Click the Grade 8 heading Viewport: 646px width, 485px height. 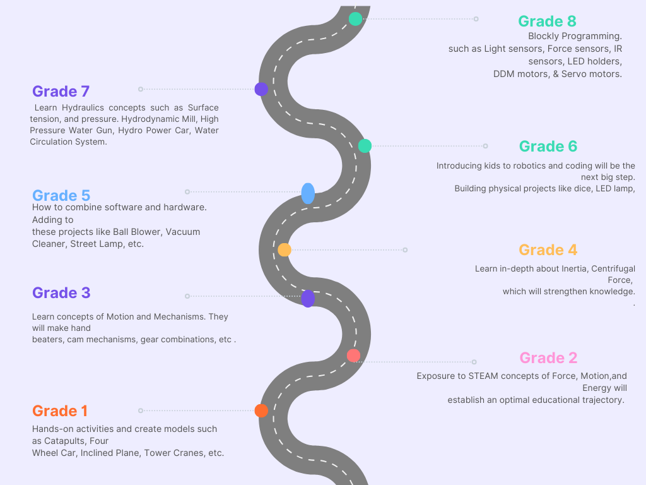547,21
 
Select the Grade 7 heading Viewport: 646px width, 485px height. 61,91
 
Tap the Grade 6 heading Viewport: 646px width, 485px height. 548,147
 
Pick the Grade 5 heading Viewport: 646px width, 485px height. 61,195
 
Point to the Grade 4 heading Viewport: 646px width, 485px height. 548,250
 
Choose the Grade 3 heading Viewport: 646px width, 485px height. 61,293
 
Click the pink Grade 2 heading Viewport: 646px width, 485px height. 548,358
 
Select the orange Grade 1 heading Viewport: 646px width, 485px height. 59,411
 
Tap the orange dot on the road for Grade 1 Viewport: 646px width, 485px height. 261,410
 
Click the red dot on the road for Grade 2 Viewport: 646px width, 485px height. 353,356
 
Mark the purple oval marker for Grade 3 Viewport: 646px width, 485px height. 308,298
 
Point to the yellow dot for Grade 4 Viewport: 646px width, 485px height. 285,250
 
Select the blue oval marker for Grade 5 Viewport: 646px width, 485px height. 308,193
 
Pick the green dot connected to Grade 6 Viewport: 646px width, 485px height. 365,146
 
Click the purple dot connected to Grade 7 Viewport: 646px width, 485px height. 261,89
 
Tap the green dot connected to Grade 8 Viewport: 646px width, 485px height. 355,19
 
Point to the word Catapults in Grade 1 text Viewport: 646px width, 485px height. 66,441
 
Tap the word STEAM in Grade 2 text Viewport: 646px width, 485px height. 483,376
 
